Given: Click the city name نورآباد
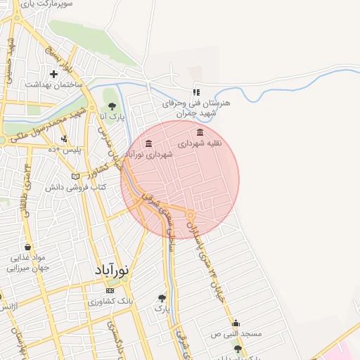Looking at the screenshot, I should [112, 270].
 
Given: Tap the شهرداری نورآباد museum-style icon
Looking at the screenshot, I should [148, 144].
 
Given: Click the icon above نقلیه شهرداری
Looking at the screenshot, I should [200, 132].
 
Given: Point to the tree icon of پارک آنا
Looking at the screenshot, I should [112, 106].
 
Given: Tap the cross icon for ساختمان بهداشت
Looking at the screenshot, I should [53, 74].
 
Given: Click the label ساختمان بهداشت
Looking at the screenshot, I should [54, 84].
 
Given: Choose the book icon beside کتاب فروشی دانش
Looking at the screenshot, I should [76, 176].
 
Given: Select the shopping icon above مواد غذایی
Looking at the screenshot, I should [27, 247].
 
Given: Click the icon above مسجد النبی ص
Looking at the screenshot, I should [236, 323].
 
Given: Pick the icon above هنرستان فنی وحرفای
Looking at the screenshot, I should [197, 91].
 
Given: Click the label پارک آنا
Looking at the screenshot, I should [111, 117].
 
